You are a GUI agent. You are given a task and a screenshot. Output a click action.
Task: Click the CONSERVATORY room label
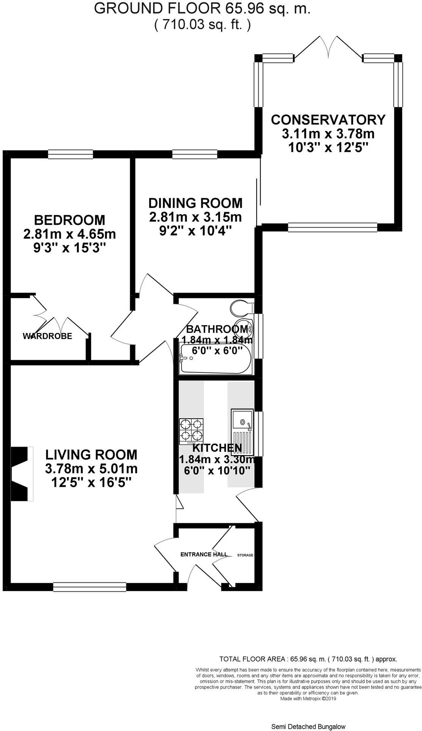click(328, 119)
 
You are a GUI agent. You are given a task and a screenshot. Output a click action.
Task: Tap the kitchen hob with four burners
click(191, 431)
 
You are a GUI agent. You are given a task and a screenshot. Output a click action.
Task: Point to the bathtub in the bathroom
click(215, 359)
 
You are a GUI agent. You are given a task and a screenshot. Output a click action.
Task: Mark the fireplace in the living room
click(22, 474)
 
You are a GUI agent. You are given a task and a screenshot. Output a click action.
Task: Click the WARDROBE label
click(47, 336)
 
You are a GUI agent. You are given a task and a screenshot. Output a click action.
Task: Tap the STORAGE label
click(245, 555)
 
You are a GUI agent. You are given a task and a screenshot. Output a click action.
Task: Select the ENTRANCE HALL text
click(204, 554)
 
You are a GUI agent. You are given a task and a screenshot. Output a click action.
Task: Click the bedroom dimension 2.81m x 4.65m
click(69, 234)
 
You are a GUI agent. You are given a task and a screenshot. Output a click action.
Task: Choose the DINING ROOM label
click(195, 203)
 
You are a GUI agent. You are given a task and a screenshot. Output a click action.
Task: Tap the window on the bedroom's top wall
click(70, 154)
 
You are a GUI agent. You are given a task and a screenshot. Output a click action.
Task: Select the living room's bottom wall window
click(90, 587)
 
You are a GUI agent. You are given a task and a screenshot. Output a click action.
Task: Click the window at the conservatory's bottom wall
click(332, 227)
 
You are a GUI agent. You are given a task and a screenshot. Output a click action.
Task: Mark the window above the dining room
click(194, 154)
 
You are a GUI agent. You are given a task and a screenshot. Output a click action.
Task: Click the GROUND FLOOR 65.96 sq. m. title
click(202, 8)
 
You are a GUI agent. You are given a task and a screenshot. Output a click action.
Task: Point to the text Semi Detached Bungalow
click(308, 726)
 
